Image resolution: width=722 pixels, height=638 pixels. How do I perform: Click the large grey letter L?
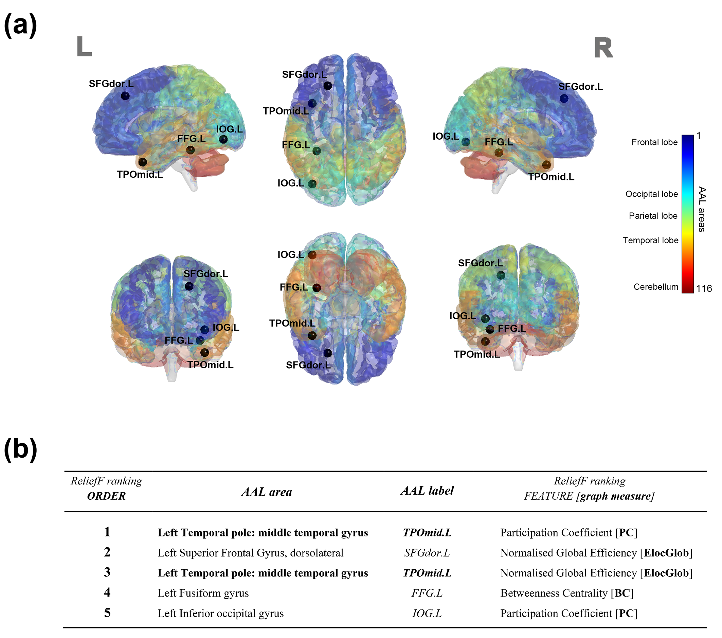(84, 47)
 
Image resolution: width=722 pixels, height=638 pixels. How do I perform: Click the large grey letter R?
(603, 48)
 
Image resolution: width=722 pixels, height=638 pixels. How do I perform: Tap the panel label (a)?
(20, 25)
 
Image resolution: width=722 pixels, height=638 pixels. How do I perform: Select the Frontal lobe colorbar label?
(654, 142)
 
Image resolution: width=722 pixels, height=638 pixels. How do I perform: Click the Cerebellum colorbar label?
(655, 287)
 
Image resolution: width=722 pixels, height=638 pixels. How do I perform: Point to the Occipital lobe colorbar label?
(651, 194)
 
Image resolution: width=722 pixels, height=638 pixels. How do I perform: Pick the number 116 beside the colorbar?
(704, 289)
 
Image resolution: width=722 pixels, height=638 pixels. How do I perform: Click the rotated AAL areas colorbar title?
(702, 209)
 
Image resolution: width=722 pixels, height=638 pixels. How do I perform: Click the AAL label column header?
(427, 491)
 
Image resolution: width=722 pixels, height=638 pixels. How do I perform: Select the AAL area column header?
(267, 492)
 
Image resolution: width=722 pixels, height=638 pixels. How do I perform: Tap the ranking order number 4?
(107, 592)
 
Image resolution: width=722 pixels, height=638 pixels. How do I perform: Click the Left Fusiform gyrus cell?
(203, 593)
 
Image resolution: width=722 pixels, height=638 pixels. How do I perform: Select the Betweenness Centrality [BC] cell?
(566, 593)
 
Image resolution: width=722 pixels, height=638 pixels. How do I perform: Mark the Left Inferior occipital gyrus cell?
(220, 613)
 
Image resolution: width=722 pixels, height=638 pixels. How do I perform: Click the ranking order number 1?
(107, 532)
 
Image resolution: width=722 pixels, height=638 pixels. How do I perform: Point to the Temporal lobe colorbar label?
(650, 240)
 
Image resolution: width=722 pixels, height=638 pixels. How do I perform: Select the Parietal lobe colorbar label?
(653, 216)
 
